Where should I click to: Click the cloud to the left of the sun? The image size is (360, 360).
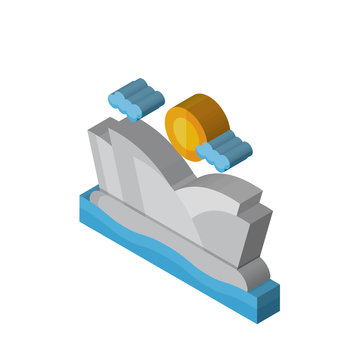136,98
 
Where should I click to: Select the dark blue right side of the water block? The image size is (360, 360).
268,302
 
